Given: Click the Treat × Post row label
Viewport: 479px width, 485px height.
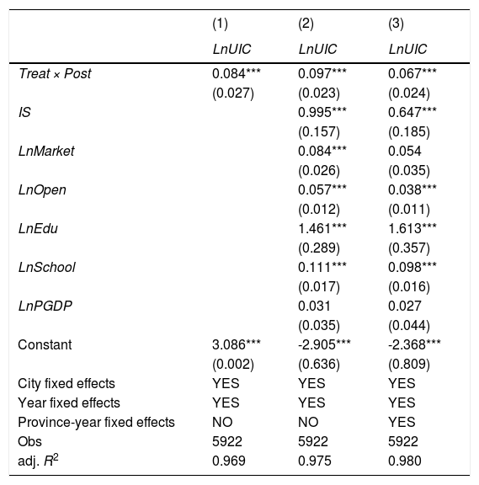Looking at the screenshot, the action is (x=55, y=73).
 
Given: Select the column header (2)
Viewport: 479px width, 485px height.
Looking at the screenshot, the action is (x=306, y=24).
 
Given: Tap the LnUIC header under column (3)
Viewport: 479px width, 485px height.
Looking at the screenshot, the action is (x=407, y=49).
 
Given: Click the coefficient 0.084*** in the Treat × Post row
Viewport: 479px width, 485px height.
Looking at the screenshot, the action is (x=237, y=73).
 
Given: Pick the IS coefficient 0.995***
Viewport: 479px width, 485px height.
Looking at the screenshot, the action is (x=322, y=112).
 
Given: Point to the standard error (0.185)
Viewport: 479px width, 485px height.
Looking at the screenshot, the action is (x=409, y=132).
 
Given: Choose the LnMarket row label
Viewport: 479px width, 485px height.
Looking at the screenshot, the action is (x=46, y=152).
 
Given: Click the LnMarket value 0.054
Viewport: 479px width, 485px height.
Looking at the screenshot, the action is (x=405, y=152).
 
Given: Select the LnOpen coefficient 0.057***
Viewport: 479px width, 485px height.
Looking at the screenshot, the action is (x=322, y=190).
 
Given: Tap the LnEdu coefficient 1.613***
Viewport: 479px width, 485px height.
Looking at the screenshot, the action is (x=412, y=228).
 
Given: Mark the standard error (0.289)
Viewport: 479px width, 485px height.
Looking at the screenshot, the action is (x=319, y=248).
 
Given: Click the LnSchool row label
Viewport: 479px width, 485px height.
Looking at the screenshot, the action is (x=46, y=267).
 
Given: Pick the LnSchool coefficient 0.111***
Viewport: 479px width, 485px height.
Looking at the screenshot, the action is (x=322, y=267).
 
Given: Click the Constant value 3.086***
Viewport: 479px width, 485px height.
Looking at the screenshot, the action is (x=237, y=345).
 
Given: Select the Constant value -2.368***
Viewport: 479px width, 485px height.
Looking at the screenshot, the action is (x=414, y=345).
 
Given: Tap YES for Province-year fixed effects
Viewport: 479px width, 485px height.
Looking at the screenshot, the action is (x=402, y=422).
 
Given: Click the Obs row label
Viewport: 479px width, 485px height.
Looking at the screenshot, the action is (x=29, y=442).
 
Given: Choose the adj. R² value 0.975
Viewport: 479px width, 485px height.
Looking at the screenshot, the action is (x=315, y=461).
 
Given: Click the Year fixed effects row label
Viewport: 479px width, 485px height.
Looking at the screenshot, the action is (x=69, y=403).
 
